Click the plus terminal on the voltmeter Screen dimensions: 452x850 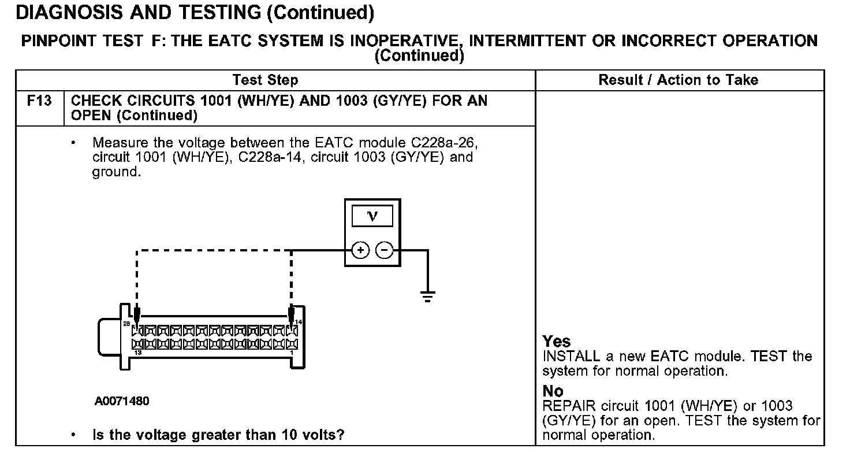(x=360, y=250)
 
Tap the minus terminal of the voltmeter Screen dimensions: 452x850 (x=384, y=250)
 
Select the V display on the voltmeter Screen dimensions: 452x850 (x=372, y=216)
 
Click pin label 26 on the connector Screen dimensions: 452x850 (x=126, y=324)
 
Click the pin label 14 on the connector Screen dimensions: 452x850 (x=299, y=322)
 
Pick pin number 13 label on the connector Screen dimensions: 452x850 (x=137, y=353)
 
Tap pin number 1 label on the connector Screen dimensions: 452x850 (x=292, y=353)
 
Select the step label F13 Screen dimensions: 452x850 (x=39, y=101)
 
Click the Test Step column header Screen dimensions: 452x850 (x=265, y=80)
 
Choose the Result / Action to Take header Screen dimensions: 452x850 (x=678, y=80)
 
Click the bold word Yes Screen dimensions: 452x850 (x=557, y=342)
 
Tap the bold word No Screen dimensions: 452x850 (x=553, y=391)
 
